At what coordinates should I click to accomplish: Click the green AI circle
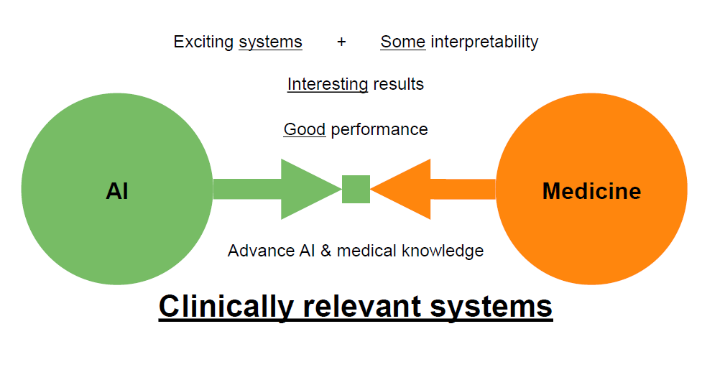117,190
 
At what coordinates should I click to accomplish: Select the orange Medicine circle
591,190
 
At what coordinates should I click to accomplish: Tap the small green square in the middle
356,190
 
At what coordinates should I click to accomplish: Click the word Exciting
203,42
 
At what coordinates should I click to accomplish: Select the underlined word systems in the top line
270,42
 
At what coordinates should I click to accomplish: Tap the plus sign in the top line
341,42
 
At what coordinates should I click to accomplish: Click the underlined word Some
402,42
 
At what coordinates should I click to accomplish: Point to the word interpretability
484,42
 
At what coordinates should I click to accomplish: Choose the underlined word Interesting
328,84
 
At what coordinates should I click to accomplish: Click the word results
398,84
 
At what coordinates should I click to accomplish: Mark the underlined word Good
305,129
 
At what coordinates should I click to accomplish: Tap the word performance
379,129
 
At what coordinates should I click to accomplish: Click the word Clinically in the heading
225,307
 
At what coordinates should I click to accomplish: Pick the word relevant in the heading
363,307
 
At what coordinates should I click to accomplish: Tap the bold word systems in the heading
491,307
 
